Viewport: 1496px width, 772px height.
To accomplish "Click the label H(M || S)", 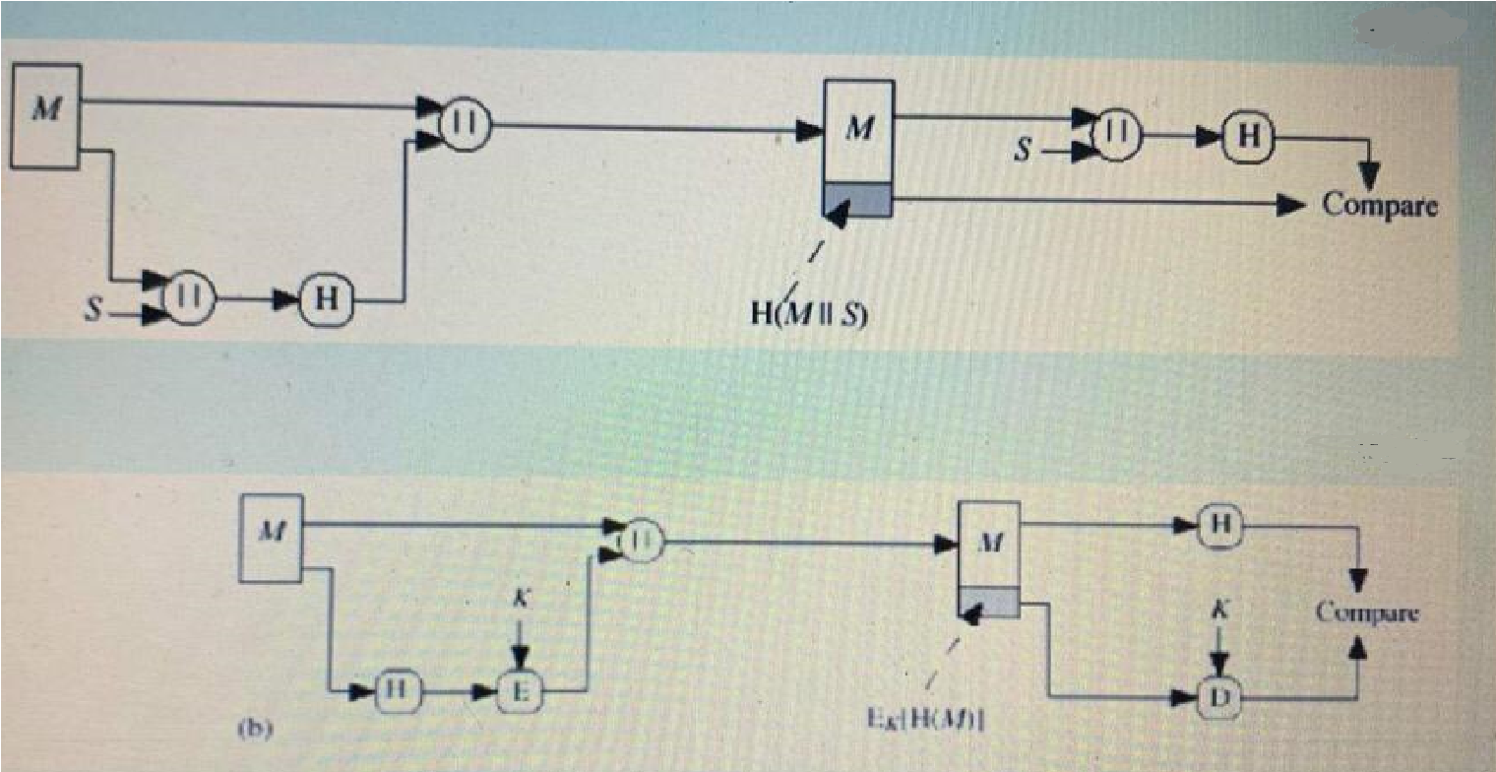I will [802, 318].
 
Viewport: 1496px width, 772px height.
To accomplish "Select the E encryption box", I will [521, 692].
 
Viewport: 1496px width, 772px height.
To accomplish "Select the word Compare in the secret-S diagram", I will [1380, 205].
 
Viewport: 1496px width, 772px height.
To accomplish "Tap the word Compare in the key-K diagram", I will [1367, 612].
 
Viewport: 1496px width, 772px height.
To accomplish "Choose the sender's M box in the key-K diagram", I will [272, 538].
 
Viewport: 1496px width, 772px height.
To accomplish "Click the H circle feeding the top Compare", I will [1247, 136].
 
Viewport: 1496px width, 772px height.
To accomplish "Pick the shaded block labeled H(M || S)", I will [858, 199].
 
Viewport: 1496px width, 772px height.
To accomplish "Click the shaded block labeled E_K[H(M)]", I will [989, 600].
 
